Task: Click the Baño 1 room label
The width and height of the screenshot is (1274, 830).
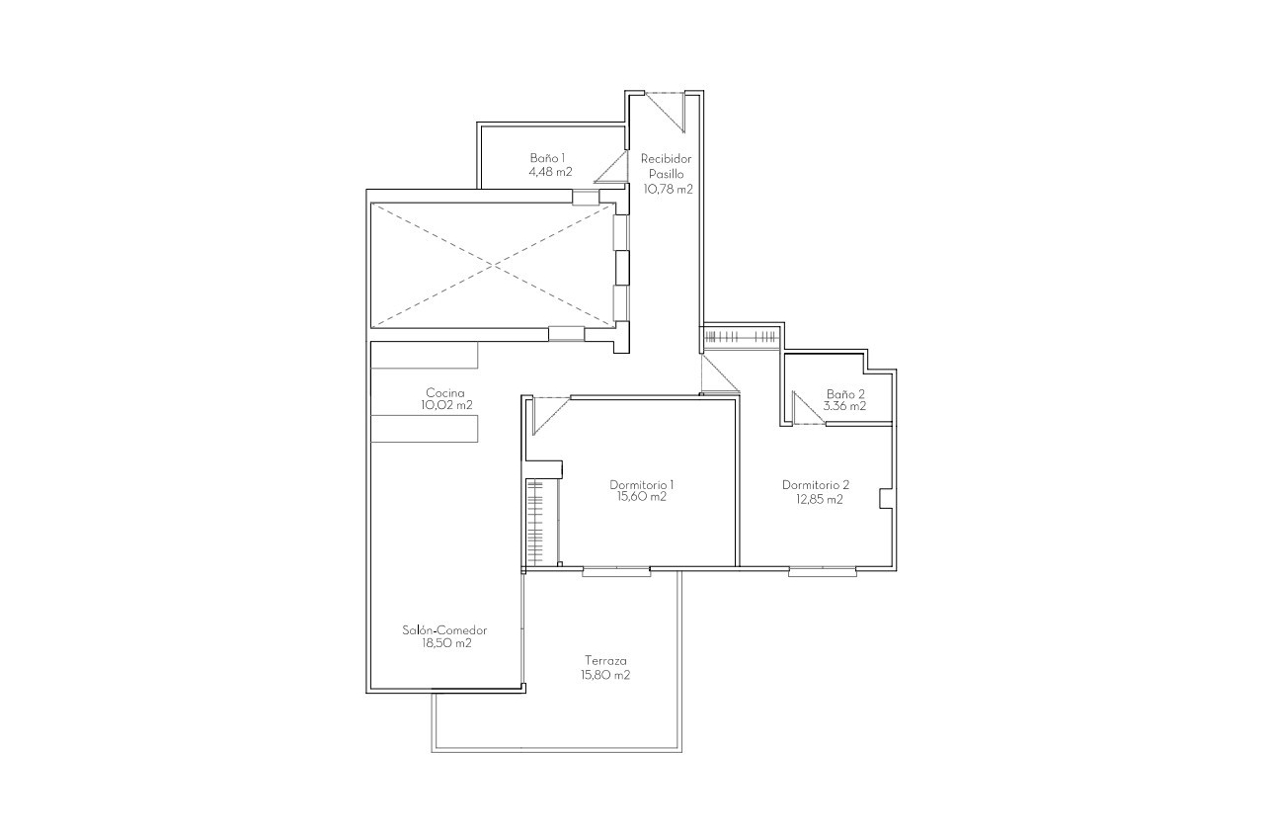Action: [547, 158]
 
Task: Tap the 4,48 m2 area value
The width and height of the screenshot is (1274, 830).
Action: [550, 171]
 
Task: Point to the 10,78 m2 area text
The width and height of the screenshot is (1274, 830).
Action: [668, 188]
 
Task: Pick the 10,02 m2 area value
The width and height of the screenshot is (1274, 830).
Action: [446, 405]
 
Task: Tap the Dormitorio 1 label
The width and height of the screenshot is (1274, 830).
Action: [642, 485]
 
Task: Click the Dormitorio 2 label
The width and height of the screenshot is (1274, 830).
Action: [816, 485]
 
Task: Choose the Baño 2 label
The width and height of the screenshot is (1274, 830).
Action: [845, 393]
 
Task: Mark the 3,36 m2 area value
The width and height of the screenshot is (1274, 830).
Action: [845, 405]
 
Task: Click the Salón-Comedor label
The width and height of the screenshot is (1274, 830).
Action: [444, 630]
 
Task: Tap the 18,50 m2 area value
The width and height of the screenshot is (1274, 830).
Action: [444, 643]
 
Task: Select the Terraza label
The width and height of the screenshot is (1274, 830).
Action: [605, 661]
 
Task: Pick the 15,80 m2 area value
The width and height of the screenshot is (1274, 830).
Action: [605, 675]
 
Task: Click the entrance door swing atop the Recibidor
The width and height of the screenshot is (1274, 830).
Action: [668, 110]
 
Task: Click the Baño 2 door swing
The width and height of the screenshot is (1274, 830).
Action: [807, 410]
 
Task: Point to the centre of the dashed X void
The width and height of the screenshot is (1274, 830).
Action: [490, 264]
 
